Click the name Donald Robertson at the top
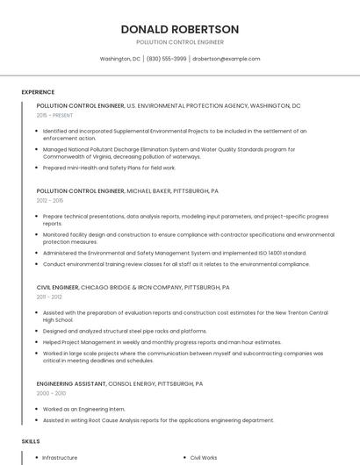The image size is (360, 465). pyautogui.click(x=179, y=29)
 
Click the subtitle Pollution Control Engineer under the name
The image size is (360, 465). pyautogui.click(x=179, y=42)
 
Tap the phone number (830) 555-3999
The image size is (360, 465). pyautogui.click(x=166, y=59)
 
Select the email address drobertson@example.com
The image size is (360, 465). pyautogui.click(x=227, y=59)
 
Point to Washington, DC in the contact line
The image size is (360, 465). pyautogui.click(x=120, y=59)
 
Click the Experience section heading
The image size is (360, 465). pyautogui.click(x=38, y=92)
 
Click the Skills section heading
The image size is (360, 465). pyautogui.click(x=31, y=441)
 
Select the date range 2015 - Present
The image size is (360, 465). pyautogui.click(x=55, y=115)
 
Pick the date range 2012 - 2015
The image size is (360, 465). pyautogui.click(x=50, y=200)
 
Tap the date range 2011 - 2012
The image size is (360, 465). pyautogui.click(x=49, y=297)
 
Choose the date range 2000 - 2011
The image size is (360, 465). pyautogui.click(x=50, y=394)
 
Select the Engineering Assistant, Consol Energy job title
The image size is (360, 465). pyautogui.click(x=119, y=383)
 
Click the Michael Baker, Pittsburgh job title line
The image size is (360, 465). pyautogui.click(x=128, y=190)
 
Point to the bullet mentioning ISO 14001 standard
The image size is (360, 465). pyautogui.click(x=167, y=253)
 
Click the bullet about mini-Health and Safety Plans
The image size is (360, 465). pyautogui.click(x=109, y=168)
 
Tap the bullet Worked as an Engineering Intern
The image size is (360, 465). pyautogui.click(x=83, y=409)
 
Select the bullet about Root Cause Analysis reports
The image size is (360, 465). pyautogui.click(x=158, y=420)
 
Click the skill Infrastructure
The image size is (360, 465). pyautogui.click(x=60, y=457)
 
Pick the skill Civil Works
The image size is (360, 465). pyautogui.click(x=204, y=457)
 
